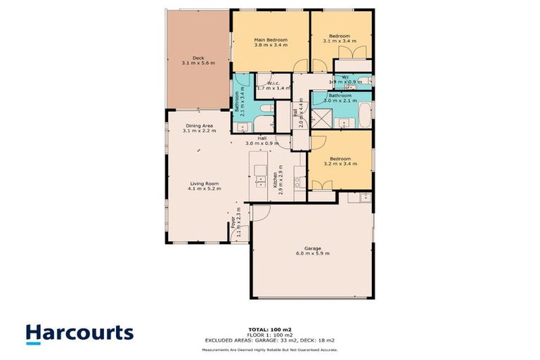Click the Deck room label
(198, 58)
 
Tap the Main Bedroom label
(270, 40)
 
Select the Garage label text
(313, 248)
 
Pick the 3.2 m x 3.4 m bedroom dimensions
(340, 163)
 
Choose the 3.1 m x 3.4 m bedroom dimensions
(340, 41)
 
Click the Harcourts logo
(79, 333)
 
